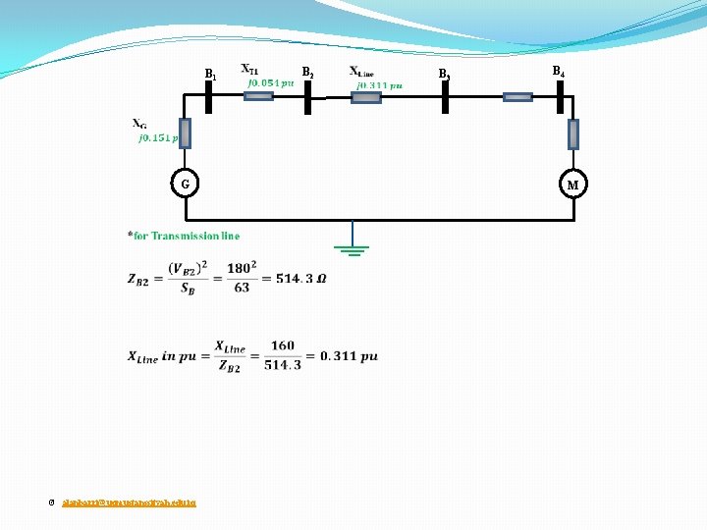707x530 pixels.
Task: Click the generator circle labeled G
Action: (185, 184)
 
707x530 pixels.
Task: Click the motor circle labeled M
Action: (573, 185)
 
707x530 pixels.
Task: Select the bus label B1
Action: (209, 75)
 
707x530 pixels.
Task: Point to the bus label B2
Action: (307, 73)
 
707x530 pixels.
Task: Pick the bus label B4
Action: (557, 72)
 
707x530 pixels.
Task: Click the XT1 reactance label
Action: (250, 71)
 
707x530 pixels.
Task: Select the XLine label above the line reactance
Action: (361, 72)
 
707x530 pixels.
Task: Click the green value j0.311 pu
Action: (378, 85)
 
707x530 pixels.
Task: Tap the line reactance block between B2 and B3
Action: (365, 97)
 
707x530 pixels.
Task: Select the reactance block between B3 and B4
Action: (517, 97)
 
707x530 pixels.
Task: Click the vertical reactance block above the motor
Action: (573, 133)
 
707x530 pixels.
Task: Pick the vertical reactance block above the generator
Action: (185, 132)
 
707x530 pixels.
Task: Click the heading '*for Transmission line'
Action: (183, 236)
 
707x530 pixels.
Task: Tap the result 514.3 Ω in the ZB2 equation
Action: (300, 279)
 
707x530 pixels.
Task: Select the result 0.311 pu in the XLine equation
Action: (349, 356)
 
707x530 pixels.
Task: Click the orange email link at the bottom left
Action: (129, 502)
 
